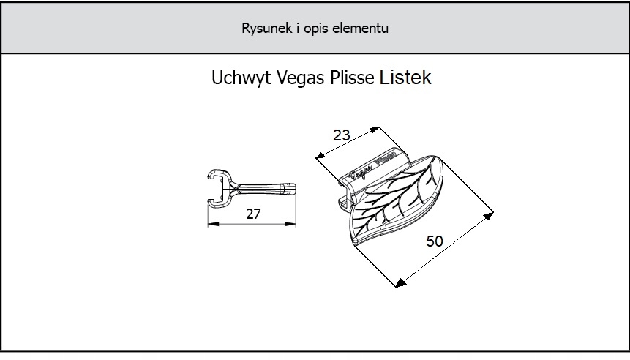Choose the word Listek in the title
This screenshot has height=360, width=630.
coord(406,78)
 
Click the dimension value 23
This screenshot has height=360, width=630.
coord(341,135)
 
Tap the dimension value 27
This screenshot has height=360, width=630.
coord(252,215)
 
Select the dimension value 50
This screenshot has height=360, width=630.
coord(435,241)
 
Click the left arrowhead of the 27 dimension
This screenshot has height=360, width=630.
coord(211,224)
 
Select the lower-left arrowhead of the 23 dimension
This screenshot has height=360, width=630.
coord(319,156)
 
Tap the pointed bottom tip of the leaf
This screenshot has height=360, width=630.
coord(356,242)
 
